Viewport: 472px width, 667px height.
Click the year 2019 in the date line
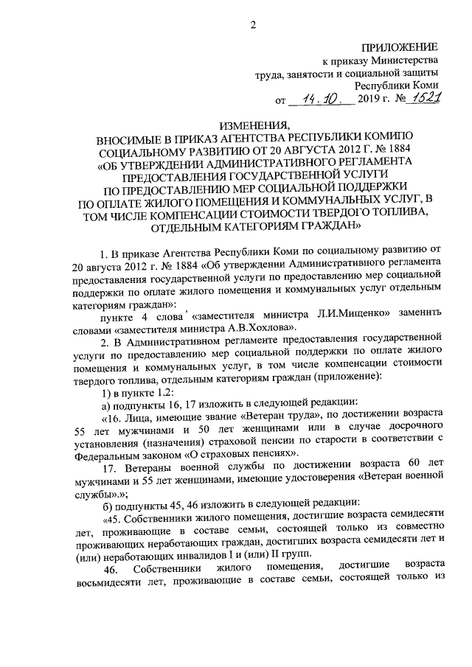371,99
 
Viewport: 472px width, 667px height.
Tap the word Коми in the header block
424,85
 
